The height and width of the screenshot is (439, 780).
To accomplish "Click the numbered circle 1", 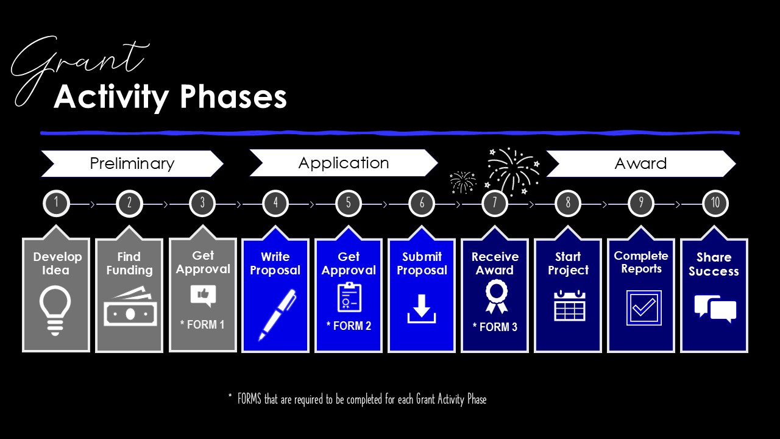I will coord(56,203).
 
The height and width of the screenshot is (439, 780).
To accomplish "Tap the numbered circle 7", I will coord(495,203).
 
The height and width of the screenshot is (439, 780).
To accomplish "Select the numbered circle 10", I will coord(715,203).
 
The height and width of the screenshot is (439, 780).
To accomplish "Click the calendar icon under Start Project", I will coord(569,305).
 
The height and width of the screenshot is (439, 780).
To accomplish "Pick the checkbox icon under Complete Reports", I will coord(643,307).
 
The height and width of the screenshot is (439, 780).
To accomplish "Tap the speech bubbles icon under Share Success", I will coord(715,309).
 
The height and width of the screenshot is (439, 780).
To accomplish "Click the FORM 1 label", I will coord(202,324).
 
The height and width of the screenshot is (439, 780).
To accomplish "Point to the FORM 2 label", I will coord(349,326).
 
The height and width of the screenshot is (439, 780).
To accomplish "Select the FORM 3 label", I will coord(495,327).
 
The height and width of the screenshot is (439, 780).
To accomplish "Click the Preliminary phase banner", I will coord(132,163).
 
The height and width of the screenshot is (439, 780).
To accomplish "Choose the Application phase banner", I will coord(343,163).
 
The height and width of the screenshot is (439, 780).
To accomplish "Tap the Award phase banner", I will coord(640,163).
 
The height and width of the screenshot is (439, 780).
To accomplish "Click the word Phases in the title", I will coord(233,97).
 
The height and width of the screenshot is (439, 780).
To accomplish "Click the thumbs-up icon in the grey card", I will coord(203,295).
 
